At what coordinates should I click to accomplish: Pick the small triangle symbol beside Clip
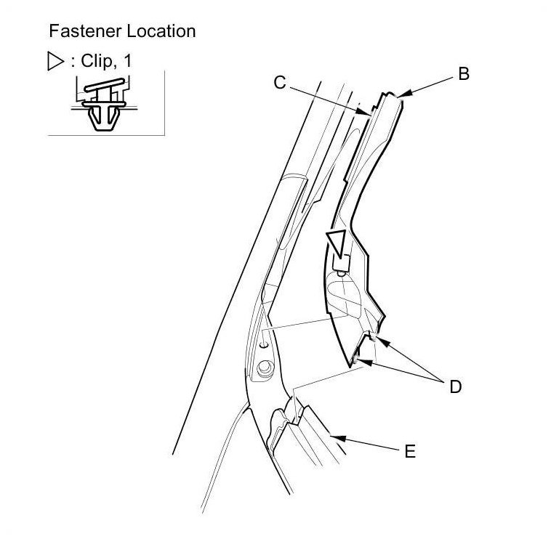pyautogui.click(x=54, y=62)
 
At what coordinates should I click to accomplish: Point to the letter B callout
pyautogui.click(x=462, y=73)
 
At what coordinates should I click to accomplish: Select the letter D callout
pyautogui.click(x=455, y=386)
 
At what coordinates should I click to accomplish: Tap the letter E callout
pyautogui.click(x=410, y=451)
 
